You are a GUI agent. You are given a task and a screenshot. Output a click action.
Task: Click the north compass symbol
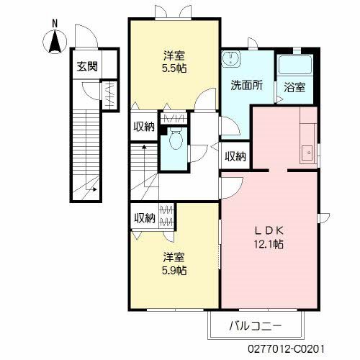click(55, 41)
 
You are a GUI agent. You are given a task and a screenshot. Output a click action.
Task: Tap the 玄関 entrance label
click(87, 66)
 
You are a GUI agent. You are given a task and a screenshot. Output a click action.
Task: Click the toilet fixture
click(176, 139)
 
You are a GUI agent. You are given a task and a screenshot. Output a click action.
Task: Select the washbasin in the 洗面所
click(231, 59)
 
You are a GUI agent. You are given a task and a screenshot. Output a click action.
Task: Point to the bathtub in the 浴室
click(294, 64)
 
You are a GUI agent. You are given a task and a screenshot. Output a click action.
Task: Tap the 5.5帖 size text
click(174, 68)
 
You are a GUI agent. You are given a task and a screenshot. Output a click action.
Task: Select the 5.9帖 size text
click(174, 271)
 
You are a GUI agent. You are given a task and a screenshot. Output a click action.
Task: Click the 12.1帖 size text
click(269, 244)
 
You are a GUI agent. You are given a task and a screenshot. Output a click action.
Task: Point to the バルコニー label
click(255, 326)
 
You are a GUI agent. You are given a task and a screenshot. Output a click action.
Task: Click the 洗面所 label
click(247, 85)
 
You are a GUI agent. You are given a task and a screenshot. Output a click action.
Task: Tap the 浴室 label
click(294, 87)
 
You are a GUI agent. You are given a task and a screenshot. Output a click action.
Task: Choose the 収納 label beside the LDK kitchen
click(235, 156)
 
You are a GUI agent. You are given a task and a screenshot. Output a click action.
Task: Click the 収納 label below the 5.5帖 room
click(144, 127)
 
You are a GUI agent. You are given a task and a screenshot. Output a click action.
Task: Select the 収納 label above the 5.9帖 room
click(144, 218)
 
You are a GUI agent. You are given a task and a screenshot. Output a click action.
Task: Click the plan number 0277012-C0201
click(286, 348)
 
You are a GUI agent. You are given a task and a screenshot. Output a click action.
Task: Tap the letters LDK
click(269, 231)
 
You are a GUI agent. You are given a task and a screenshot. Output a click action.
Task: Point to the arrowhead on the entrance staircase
click(95, 189)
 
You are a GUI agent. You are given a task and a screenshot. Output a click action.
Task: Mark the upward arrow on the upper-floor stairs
click(144, 166)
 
